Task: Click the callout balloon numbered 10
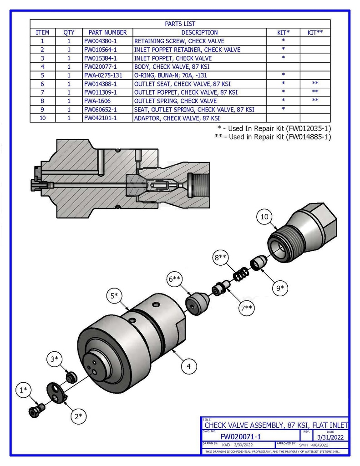[264, 217]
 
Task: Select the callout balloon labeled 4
[188, 365]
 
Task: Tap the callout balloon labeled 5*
[116, 296]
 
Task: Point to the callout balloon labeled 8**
[220, 258]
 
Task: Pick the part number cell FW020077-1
[101, 66]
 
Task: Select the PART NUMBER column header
[108, 32]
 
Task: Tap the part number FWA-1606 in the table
[97, 101]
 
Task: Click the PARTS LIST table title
[180, 24]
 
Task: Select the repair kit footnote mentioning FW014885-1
[273, 137]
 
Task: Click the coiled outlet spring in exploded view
[239, 274]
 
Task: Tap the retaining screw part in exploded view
[35, 410]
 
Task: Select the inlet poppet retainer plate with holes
[56, 392]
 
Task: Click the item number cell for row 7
[42, 92]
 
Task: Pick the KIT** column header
[315, 32]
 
